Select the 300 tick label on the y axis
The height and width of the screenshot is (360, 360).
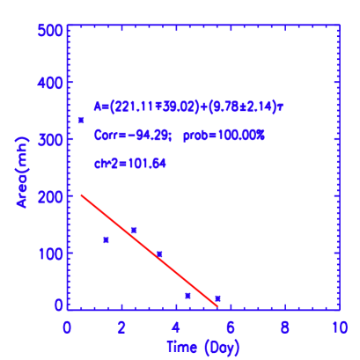pyautogui.click(x=49, y=139)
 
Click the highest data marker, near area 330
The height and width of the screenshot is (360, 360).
pyautogui.click(x=81, y=120)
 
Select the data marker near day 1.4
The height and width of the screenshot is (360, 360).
pyautogui.click(x=106, y=239)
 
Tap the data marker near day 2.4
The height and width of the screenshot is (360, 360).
pyautogui.click(x=134, y=230)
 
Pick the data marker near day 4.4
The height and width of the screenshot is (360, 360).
pyautogui.click(x=187, y=295)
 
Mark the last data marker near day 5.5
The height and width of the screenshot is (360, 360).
pyautogui.click(x=217, y=298)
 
